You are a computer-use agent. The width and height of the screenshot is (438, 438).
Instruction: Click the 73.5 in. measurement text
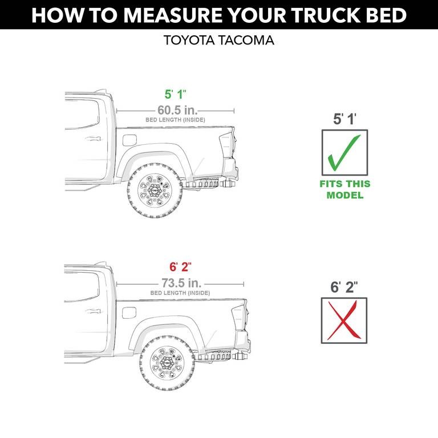coord(180,283)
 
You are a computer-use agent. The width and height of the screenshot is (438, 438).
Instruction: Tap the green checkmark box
coord(344,152)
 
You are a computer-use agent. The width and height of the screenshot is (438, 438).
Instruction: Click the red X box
coord(344,321)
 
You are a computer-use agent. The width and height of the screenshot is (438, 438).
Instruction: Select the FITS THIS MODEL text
coord(344,189)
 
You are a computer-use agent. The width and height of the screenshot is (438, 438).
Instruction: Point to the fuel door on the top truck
coord(129,140)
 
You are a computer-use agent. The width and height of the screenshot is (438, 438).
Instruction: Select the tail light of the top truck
coord(226,143)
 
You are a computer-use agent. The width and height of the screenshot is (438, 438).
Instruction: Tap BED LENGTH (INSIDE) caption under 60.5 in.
coord(175,120)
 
